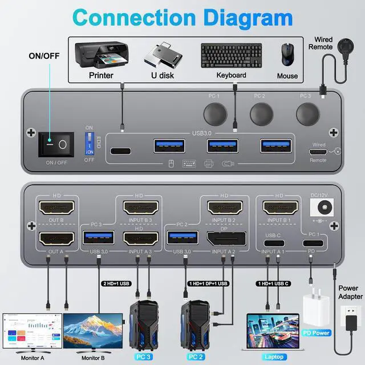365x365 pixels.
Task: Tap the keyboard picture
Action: coord(231,56)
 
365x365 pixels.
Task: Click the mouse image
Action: coord(287,56)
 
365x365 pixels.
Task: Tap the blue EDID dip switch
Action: coord(90,141)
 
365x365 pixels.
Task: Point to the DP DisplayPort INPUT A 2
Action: coord(227,237)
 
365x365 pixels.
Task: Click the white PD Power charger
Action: coord(317,311)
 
